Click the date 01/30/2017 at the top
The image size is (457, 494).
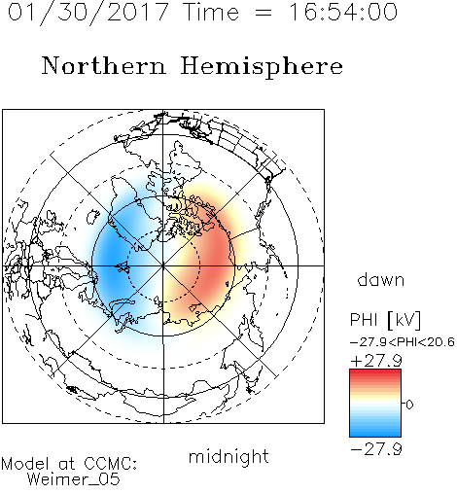coord(88,13)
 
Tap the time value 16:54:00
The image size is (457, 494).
coord(343,12)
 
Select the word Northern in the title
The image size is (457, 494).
coord(104,65)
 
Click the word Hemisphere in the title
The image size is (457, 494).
coord(262,67)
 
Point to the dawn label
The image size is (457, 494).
coord(381,279)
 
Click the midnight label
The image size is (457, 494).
coord(228,457)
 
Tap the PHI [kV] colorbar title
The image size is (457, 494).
coord(385,320)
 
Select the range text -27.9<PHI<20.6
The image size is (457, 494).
coord(403,342)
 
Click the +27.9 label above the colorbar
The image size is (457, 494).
coord(376,361)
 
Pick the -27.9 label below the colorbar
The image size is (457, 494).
coord(376,449)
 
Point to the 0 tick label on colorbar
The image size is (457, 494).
coord(409,405)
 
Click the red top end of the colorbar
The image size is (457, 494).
coord(375,371)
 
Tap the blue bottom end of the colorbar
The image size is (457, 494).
coord(375,435)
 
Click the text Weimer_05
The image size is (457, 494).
coord(74,479)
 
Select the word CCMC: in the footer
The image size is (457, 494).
coord(111,464)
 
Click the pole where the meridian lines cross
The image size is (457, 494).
coord(163,265)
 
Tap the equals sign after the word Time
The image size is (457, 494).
coord(263,13)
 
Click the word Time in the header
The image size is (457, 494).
coord(211,12)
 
